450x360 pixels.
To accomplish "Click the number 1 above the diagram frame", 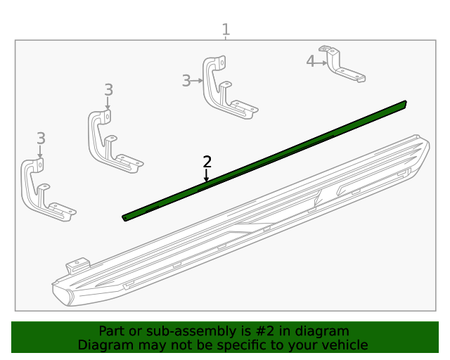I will coord(226,30).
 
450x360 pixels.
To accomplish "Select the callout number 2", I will coord(207,162).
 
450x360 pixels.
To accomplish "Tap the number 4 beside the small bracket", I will coord(310,62).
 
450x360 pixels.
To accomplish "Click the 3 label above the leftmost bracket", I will coord(41,138).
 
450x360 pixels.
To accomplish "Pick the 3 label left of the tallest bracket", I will coord(186,81).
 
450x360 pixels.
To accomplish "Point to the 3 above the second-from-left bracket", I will coord(108,89).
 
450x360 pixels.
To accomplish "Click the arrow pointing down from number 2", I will coord(207,176).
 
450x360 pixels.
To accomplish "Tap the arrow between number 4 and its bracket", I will coord(322,63).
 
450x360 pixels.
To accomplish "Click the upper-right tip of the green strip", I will coord(403,104).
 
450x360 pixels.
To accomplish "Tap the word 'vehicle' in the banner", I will coord(345,345).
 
